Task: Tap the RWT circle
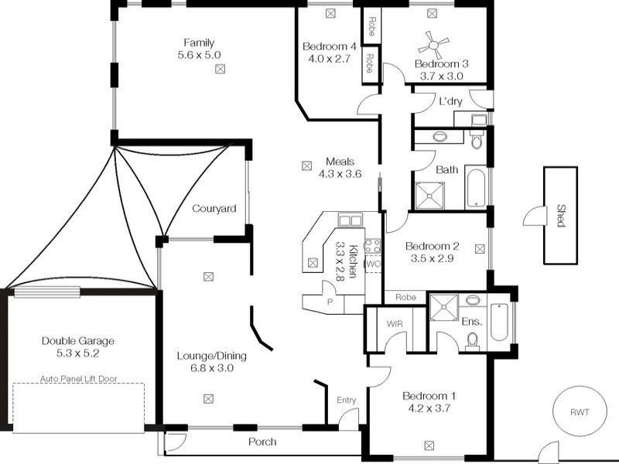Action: pyautogui.click(x=580, y=412)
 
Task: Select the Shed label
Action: pyautogui.click(x=560, y=216)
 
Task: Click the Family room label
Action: pyautogui.click(x=199, y=43)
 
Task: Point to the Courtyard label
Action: pyautogui.click(x=214, y=209)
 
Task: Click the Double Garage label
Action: pyautogui.click(x=78, y=340)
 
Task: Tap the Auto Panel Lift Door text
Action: pyautogui.click(x=79, y=380)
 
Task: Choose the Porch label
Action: pyautogui.click(x=262, y=442)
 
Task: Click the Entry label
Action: pyautogui.click(x=346, y=400)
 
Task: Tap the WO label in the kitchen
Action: pyautogui.click(x=373, y=264)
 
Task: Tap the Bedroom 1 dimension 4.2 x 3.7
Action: pyautogui.click(x=429, y=409)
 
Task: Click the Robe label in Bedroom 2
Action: pyautogui.click(x=405, y=297)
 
